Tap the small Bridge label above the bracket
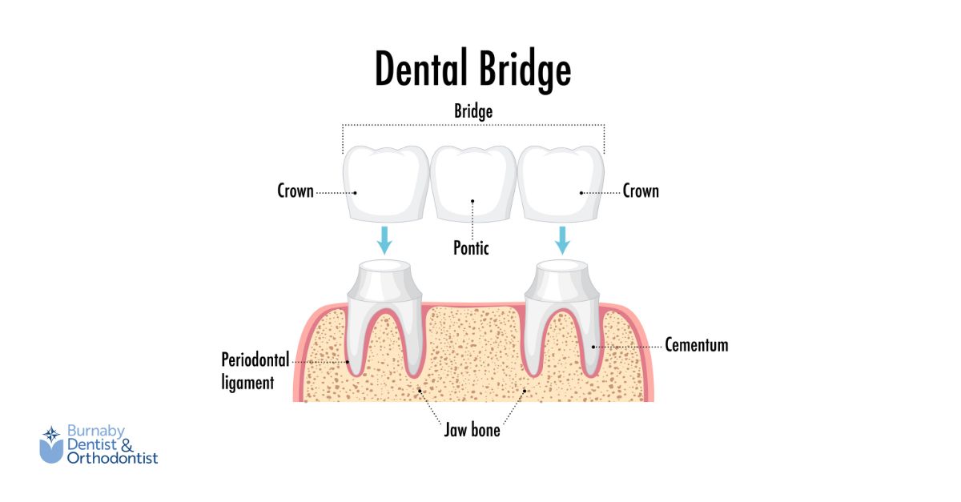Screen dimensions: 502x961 pos(473,111)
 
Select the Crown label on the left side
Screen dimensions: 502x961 pos(296,191)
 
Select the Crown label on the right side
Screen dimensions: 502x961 pos(641,191)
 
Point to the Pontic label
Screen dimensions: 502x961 pos(471,247)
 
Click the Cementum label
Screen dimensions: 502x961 pos(697,345)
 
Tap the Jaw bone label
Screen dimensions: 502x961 pos(472,430)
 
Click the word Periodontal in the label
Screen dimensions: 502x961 pos(255,360)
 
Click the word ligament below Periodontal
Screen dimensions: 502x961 pos(247,383)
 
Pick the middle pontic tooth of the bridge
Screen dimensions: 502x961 pos(472,183)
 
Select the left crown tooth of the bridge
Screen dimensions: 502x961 pos(384,183)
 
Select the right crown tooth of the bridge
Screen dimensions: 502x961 pos(561,183)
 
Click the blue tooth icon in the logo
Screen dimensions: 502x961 pos(51,445)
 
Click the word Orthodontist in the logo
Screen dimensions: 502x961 pos(112,458)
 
